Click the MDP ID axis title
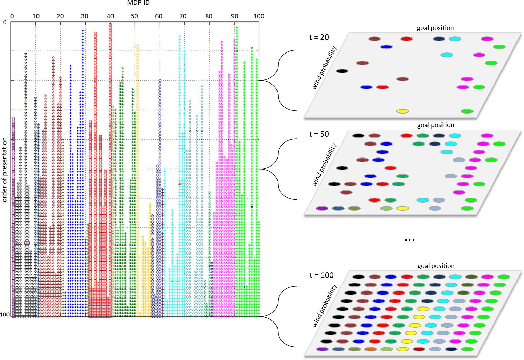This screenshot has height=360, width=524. (138, 3)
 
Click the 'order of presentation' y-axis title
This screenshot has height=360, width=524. (5, 169)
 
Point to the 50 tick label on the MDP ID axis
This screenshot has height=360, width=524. (135, 16)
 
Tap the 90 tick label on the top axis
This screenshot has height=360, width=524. (235, 16)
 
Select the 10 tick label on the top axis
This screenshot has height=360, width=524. (36, 16)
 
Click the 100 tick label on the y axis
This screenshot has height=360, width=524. (5, 314)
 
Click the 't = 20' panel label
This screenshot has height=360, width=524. (319, 37)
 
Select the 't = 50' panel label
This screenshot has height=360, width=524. (319, 134)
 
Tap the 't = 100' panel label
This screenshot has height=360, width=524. (321, 275)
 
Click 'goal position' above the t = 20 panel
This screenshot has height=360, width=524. (435, 28)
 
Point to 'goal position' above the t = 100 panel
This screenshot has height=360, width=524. (436, 266)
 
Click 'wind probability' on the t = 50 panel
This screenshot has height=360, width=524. (324, 165)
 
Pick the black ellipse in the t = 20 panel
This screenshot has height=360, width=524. (342, 71)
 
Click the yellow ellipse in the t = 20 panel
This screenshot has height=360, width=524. (403, 111)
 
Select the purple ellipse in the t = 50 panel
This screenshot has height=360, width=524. (322, 208)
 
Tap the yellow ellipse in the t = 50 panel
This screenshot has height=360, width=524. (403, 208)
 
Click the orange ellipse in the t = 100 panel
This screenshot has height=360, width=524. (371, 349)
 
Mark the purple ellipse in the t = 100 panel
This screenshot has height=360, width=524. (322, 349)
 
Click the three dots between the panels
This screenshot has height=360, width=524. (409, 240)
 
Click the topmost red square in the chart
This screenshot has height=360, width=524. (110, 24)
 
